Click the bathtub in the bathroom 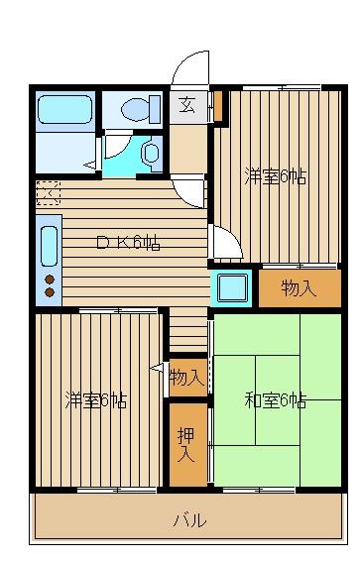click(64, 109)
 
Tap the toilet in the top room click(141, 108)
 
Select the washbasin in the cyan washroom click(152, 154)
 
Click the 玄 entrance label click(187, 105)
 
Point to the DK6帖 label click(129, 243)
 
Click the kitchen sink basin click(49, 246)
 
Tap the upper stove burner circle click(50, 280)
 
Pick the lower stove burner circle click(50, 292)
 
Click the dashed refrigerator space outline click(49, 193)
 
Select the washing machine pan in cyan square click(232, 287)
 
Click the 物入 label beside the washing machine click(300, 288)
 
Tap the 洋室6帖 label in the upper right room click(276, 176)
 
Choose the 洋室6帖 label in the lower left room click(96, 400)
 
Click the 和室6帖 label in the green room click(276, 400)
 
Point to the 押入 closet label click(186, 445)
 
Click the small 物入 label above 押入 click(187, 378)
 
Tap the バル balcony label click(190, 519)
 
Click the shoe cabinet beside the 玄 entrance click(217, 106)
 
